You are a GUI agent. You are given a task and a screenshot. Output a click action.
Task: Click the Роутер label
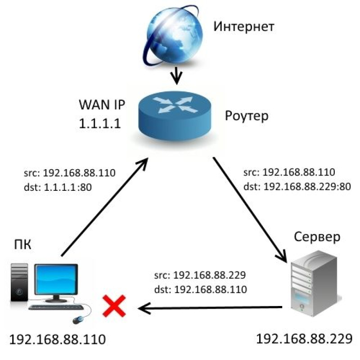[247, 116]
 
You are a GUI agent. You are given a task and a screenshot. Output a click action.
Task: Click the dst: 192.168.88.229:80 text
[297, 187]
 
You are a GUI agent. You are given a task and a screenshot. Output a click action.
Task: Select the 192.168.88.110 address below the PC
[58, 339]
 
